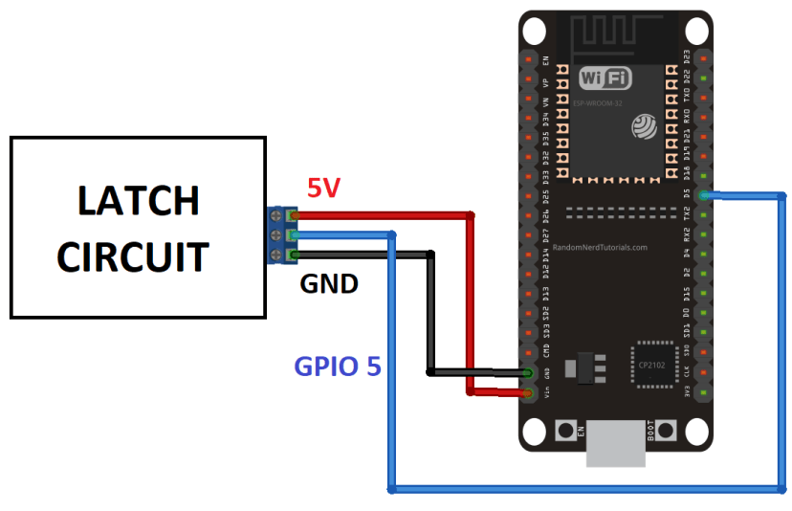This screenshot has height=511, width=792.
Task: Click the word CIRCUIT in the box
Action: click(x=132, y=256)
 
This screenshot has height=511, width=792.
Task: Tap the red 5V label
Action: click(x=323, y=189)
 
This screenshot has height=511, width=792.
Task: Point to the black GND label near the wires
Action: click(x=329, y=284)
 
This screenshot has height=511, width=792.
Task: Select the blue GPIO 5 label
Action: click(x=338, y=366)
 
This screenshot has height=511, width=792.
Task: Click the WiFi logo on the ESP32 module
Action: click(x=605, y=78)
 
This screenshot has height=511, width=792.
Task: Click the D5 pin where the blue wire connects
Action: click(x=704, y=195)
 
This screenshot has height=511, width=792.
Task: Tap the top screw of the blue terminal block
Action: click(x=276, y=216)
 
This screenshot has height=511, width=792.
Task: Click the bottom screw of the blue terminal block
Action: click(x=276, y=255)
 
